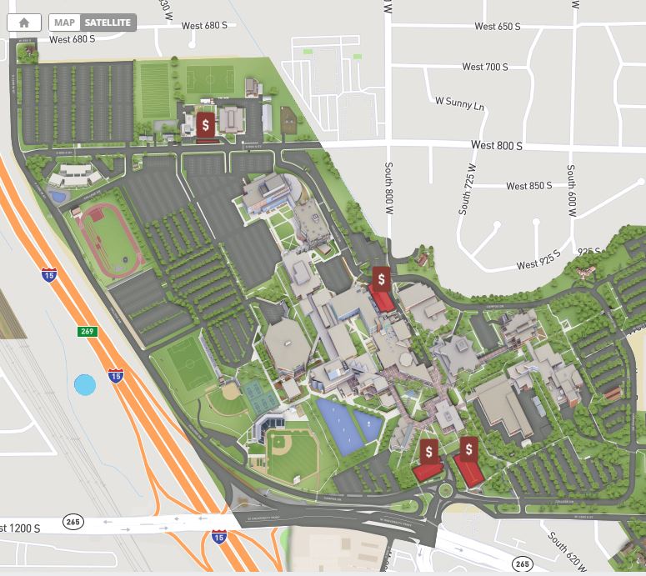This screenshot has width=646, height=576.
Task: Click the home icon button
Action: click(24, 23)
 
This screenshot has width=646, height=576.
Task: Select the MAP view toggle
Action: click(64, 23)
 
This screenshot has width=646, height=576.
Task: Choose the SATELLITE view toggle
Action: click(108, 23)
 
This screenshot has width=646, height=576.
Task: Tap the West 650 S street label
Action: click(497, 27)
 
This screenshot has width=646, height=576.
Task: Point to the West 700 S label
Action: click(484, 67)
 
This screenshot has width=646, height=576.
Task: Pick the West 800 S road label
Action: click(496, 145)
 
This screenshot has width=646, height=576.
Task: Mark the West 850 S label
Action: click(528, 186)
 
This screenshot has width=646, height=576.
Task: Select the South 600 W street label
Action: click(572, 191)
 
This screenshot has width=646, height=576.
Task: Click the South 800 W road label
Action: click(388, 188)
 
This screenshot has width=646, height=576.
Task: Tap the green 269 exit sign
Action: click(88, 332)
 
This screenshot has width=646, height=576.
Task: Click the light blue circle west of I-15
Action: click(85, 384)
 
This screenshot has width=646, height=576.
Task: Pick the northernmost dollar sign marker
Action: click(206, 125)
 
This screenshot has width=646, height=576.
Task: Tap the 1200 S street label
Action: click(21, 528)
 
